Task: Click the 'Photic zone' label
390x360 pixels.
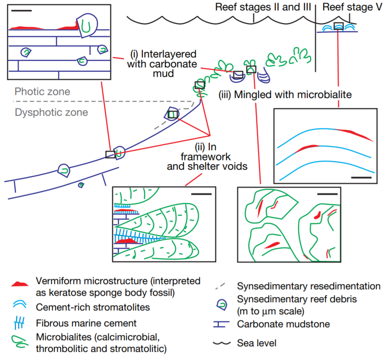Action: coord(42,92)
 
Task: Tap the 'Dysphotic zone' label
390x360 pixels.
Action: coord(51,112)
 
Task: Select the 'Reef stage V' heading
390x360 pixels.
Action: coord(352,7)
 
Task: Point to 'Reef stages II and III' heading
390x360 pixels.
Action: coord(263,7)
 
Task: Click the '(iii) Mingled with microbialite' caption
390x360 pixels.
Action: coord(285,95)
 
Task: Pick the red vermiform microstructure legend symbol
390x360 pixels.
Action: coord(20,284)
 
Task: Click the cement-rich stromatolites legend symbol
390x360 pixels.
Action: coord(20,304)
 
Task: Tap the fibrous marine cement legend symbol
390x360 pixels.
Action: coord(19,323)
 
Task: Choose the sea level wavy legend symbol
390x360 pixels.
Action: coord(222,343)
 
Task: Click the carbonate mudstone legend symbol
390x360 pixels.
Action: coord(221,324)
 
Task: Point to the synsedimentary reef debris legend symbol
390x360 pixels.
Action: coord(222,304)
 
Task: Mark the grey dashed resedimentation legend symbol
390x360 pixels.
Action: coord(220,286)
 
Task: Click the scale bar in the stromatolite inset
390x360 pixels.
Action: coord(361,177)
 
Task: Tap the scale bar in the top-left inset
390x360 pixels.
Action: coord(22,11)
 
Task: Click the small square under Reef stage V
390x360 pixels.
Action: coord(339,26)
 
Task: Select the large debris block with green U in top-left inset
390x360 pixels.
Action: coord(87,25)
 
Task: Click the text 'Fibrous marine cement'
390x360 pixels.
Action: coord(86,323)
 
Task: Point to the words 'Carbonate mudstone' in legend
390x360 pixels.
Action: coord(283,324)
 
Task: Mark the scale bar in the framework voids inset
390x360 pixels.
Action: coord(201,194)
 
